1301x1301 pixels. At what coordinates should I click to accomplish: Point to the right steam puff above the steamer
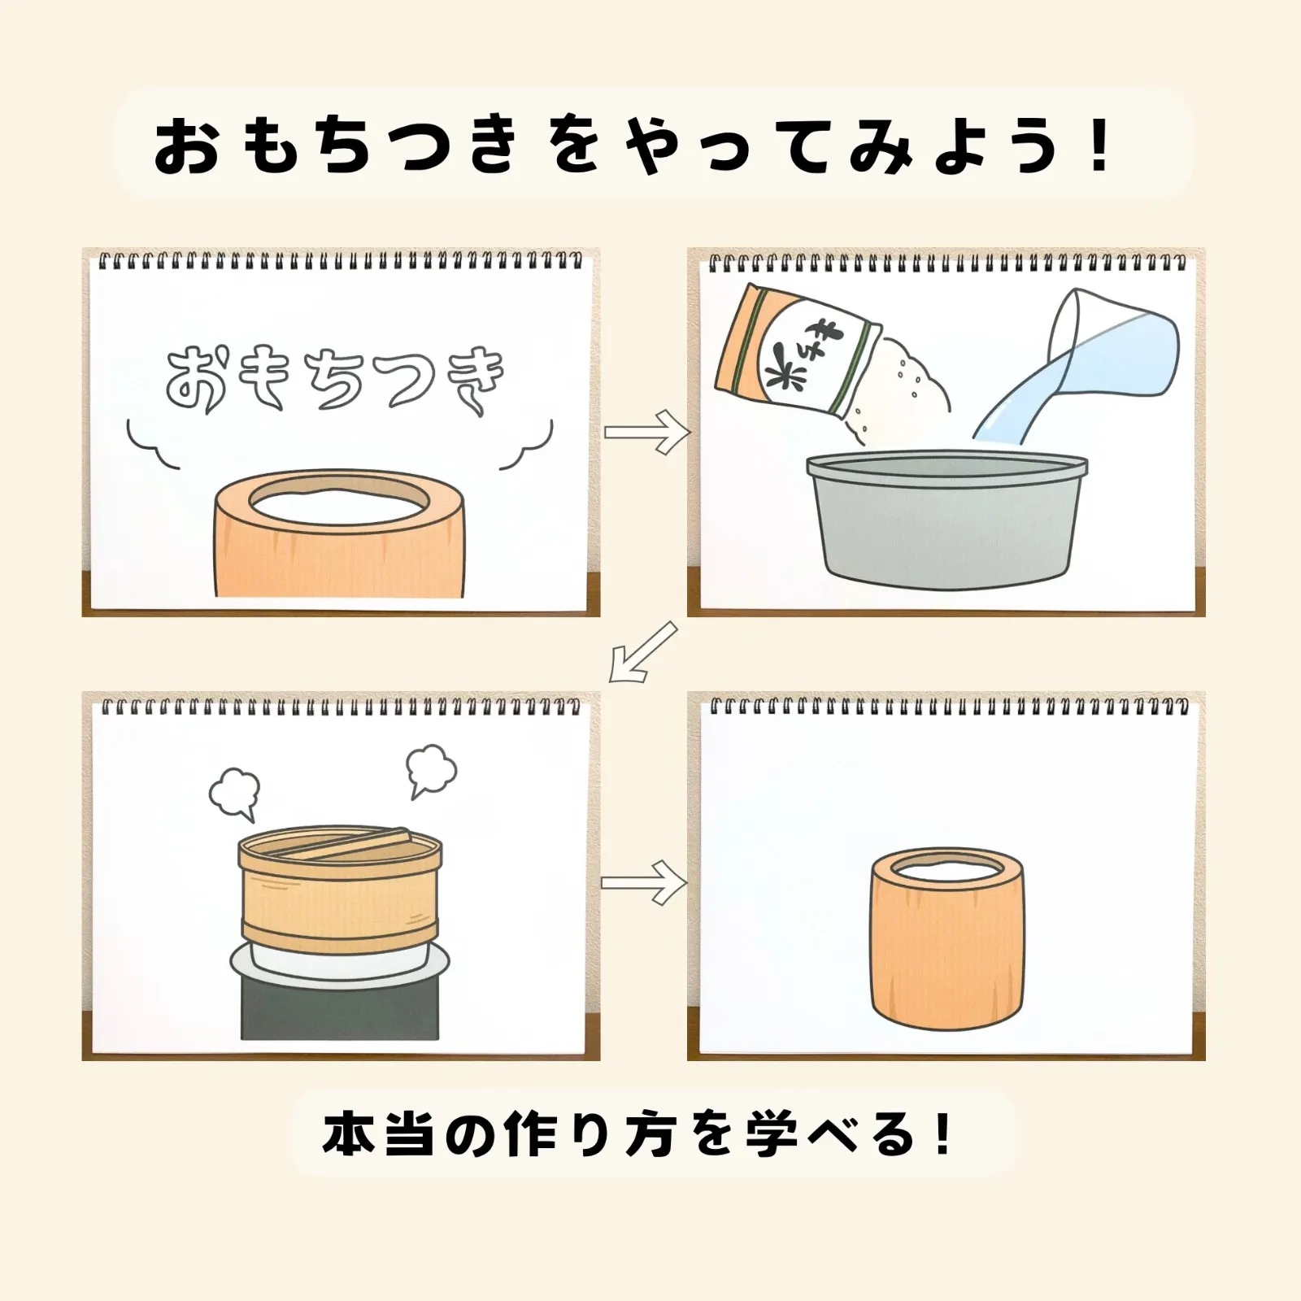[430, 769]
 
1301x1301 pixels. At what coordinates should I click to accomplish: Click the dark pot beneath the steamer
[340, 1008]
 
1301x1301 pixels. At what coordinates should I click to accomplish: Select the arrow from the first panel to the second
[646, 432]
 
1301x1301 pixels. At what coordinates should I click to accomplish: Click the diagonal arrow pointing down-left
[642, 651]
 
